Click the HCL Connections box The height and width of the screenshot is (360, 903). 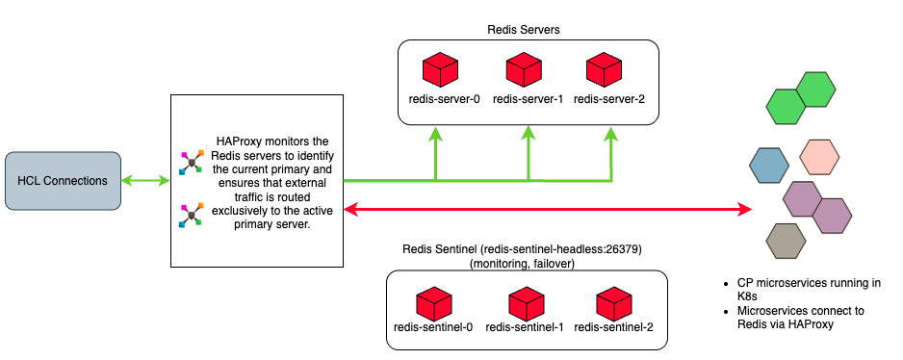coord(64,181)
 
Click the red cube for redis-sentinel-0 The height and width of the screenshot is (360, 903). coord(433,304)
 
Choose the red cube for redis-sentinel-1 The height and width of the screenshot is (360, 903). coord(526,304)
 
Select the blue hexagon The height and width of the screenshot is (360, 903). coord(769,165)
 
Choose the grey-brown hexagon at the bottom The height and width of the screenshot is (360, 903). coord(785,241)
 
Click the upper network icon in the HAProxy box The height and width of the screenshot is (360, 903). coord(192,163)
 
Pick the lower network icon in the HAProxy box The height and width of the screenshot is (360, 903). coord(192,214)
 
